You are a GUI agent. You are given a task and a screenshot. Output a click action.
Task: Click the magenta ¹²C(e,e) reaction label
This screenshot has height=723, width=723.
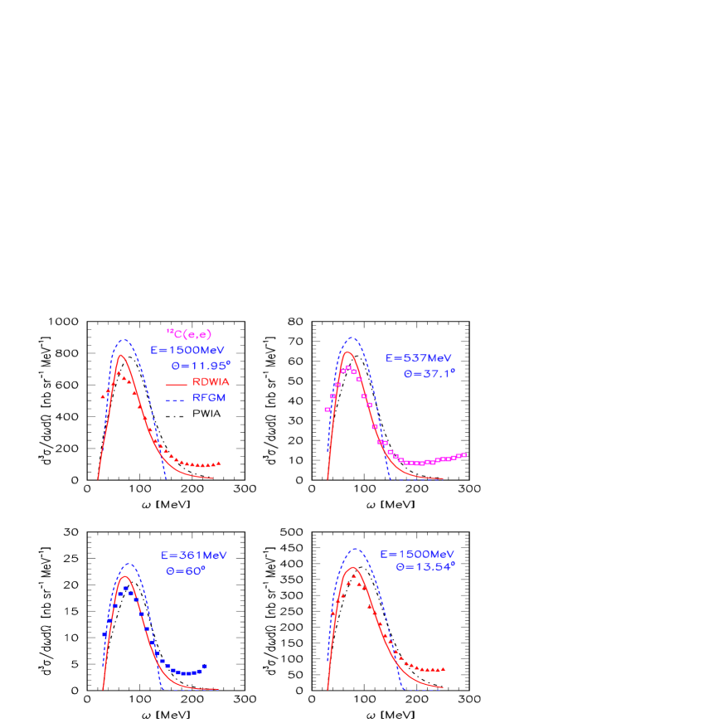pyautogui.click(x=189, y=334)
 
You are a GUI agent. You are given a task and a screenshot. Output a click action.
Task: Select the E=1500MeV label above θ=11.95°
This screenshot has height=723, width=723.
pyautogui.click(x=187, y=350)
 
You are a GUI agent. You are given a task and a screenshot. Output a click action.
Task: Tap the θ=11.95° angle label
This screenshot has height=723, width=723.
pyautogui.click(x=200, y=365)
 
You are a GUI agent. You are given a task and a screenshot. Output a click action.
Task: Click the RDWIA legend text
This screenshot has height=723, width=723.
pyautogui.click(x=211, y=382)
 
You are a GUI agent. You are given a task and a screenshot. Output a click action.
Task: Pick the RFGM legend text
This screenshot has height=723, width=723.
pyautogui.click(x=209, y=398)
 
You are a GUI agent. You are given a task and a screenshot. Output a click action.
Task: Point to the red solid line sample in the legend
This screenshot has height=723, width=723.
pyautogui.click(x=175, y=384)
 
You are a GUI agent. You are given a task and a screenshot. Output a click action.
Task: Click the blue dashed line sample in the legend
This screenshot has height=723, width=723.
pyautogui.click(x=175, y=400)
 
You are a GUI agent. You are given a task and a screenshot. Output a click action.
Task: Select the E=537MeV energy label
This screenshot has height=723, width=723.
pyautogui.click(x=419, y=358)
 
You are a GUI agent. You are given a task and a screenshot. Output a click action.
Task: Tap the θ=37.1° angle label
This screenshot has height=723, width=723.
pyautogui.click(x=429, y=373)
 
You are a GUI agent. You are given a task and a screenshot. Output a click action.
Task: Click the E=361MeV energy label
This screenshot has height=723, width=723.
pyautogui.click(x=194, y=556)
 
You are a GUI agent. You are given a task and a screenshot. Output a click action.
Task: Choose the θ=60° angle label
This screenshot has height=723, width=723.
pyautogui.click(x=186, y=570)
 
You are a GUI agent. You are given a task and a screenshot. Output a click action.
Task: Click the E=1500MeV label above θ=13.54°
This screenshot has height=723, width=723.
pyautogui.click(x=417, y=554)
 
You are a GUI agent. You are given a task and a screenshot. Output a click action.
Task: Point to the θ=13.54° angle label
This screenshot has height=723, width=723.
pyautogui.click(x=425, y=568)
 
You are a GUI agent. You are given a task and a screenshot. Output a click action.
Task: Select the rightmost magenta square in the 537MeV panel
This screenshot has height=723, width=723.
pyautogui.click(x=464, y=454)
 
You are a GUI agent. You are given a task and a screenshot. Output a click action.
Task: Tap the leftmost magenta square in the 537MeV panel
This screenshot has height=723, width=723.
pyautogui.click(x=328, y=410)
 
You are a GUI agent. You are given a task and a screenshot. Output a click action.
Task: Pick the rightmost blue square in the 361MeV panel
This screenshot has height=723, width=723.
pyautogui.click(x=204, y=667)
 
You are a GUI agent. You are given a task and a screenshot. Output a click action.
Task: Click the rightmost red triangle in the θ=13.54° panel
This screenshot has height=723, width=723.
pyautogui.click(x=444, y=668)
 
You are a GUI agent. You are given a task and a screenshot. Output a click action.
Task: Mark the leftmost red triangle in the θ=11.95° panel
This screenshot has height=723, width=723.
pyautogui.click(x=103, y=396)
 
